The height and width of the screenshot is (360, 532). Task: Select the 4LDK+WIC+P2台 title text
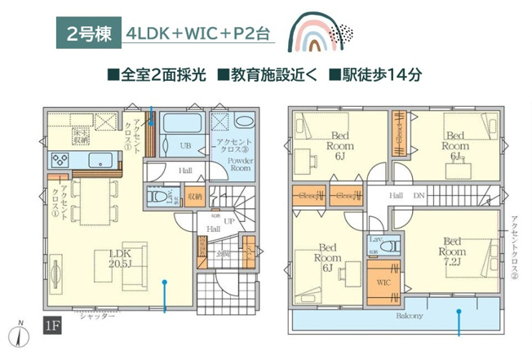[195, 35]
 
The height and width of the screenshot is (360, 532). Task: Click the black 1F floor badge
[52, 327]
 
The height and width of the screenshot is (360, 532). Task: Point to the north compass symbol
[19, 333]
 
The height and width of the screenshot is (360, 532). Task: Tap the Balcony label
[410, 315]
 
